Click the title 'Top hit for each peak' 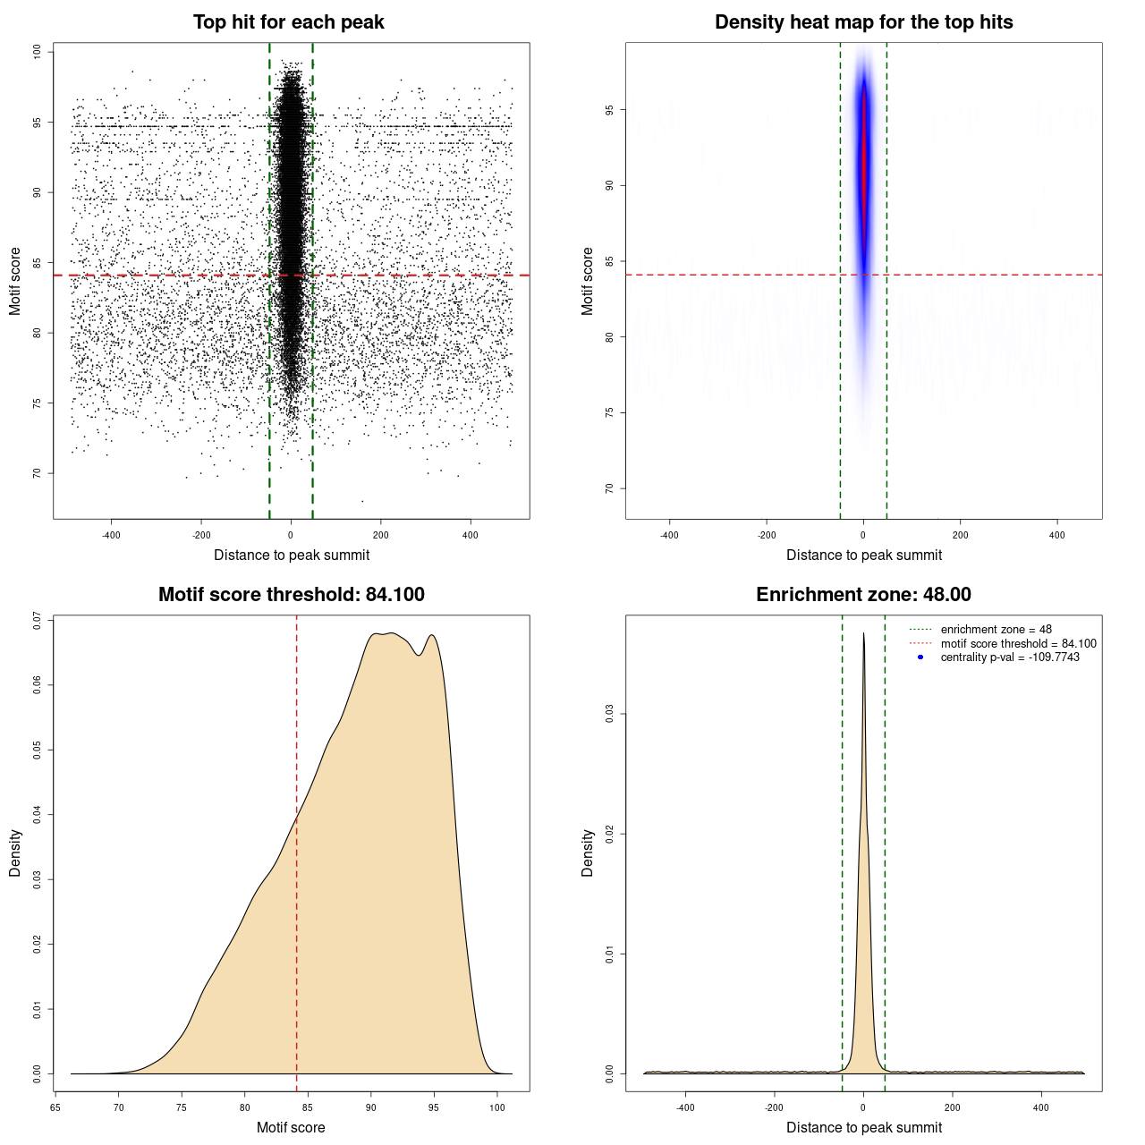tap(288, 22)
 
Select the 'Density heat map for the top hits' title tap(863, 22)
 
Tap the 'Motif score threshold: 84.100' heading tap(291, 595)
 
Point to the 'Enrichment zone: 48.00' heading tap(863, 595)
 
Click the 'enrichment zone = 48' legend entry tap(996, 630)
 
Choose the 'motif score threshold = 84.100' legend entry tap(1018, 643)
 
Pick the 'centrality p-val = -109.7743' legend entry tap(1010, 657)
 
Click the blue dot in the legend tap(920, 657)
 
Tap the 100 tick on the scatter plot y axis tap(38, 52)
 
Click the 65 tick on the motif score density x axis tap(55, 1107)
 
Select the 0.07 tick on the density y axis tap(38, 621)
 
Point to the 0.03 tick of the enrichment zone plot tap(610, 714)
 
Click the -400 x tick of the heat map tap(669, 535)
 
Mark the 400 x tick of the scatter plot tap(470, 535)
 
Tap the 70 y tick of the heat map tap(610, 488)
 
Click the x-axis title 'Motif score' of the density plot tap(291, 1127)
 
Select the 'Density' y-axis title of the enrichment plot tap(588, 852)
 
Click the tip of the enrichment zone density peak tap(863, 634)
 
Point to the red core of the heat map tap(864, 161)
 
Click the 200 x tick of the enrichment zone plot tap(952, 1107)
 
